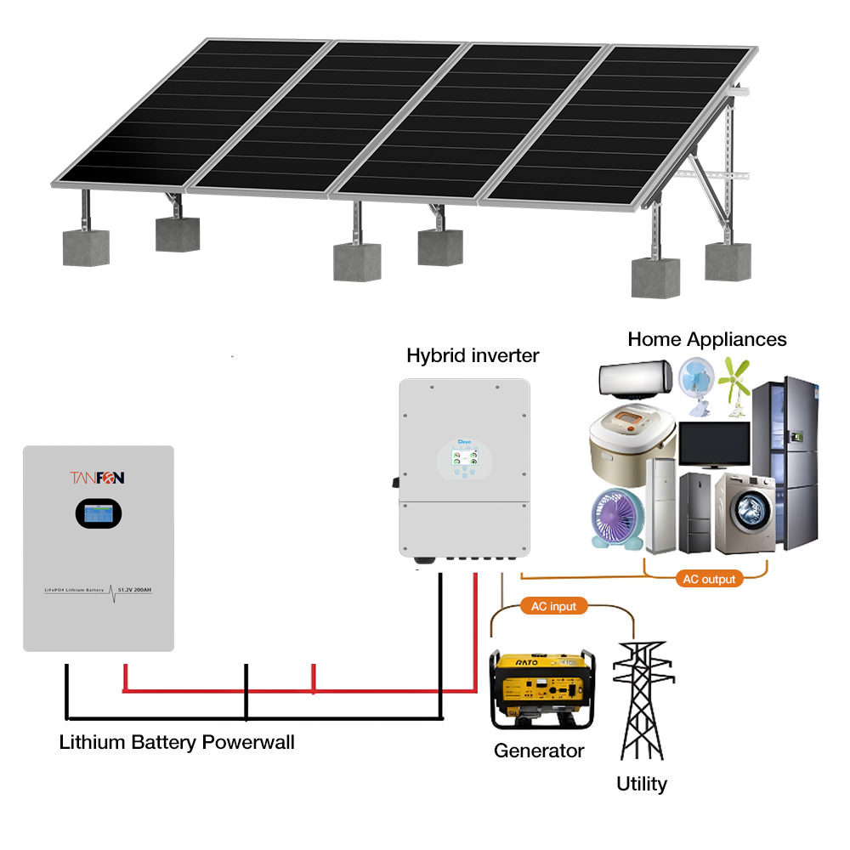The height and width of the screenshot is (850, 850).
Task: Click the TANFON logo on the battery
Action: click(x=98, y=478)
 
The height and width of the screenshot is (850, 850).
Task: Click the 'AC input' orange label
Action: click(x=553, y=606)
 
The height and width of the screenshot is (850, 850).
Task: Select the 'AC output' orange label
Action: click(x=709, y=579)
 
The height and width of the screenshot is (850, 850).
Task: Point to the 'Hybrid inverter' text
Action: click(x=473, y=355)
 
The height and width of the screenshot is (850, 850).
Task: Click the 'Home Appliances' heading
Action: click(x=707, y=339)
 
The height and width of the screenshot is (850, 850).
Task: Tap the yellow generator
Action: click(x=541, y=688)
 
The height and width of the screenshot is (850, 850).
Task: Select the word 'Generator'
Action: click(x=539, y=751)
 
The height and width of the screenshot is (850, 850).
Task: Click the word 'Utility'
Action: click(x=642, y=784)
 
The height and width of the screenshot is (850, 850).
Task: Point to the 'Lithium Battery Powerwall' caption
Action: click(x=177, y=742)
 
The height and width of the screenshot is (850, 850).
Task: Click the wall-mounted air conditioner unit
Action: click(x=637, y=380)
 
